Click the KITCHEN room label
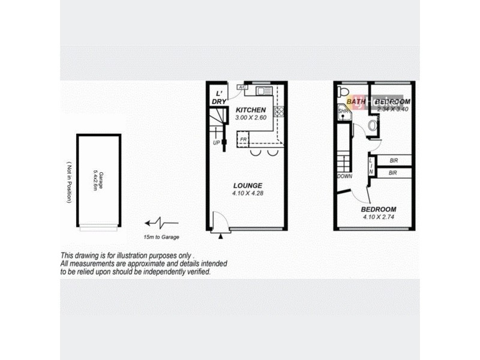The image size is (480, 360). coord(250,111)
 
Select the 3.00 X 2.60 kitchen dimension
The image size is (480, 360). coord(250,119)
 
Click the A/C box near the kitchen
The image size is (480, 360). coord(242,88)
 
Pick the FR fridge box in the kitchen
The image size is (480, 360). coord(243,140)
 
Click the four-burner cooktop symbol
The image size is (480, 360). coord(278,111)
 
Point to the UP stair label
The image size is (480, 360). coord(216,143)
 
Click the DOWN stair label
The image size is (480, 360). coord(344,176)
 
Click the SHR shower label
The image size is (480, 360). coord(343,111)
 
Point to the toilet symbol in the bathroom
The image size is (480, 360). coord(342,91)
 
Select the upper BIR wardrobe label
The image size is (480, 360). coord(394,161)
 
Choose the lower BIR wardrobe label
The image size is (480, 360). coord(394,173)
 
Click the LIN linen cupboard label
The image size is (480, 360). coord(371,166)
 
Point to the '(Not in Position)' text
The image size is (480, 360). coord(69,182)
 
